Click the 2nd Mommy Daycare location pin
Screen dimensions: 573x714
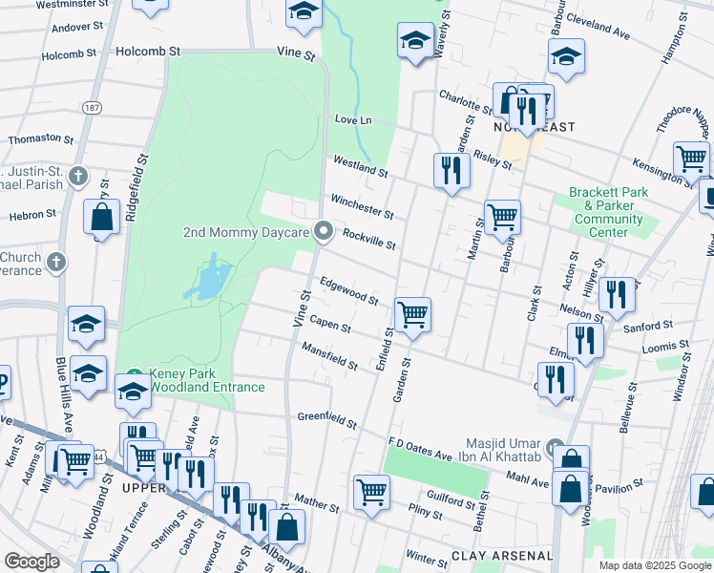324,232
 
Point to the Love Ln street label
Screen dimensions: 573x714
352,119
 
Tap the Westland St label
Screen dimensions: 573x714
359,168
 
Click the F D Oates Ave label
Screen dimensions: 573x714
419,448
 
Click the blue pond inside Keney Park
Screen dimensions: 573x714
212,280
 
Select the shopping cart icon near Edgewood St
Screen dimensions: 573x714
412,312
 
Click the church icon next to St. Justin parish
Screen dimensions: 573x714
77,177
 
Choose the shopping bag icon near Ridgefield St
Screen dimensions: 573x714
101,217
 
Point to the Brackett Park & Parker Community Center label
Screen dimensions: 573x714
608,211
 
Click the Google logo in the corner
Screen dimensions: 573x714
31,562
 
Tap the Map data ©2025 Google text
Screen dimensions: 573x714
655,565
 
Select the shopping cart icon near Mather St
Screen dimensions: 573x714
371,491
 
